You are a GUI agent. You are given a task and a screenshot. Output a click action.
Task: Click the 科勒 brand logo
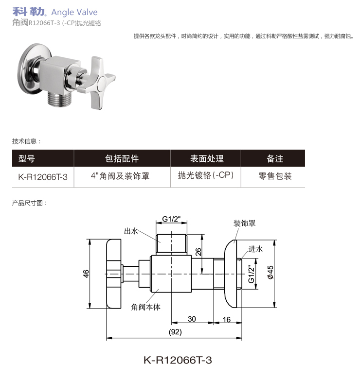click(x=29, y=12)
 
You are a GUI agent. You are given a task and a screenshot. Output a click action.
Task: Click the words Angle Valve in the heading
click(x=74, y=13)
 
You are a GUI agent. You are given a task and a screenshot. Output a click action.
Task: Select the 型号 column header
click(x=26, y=158)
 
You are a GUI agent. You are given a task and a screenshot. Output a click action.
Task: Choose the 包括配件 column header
click(x=122, y=158)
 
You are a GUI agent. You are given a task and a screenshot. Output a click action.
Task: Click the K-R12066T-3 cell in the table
click(x=42, y=177)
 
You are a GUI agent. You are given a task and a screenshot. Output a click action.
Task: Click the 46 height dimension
click(x=86, y=274)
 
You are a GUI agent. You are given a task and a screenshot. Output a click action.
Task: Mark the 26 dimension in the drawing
click(x=198, y=252)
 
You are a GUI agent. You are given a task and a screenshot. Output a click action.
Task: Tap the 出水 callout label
click(x=131, y=231)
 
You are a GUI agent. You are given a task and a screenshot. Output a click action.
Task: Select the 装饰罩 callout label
click(x=244, y=224)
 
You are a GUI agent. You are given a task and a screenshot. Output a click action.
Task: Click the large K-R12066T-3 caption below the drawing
click(x=178, y=360)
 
